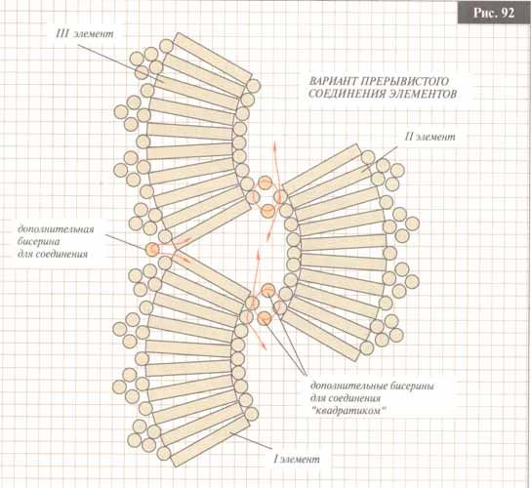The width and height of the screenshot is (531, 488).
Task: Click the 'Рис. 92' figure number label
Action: (x=494, y=13)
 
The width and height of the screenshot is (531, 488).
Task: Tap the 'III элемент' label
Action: (x=85, y=34)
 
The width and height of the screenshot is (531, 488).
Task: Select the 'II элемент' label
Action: (x=430, y=137)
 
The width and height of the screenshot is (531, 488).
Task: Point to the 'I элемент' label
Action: (x=297, y=460)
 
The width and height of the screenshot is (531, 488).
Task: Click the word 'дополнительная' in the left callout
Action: (x=56, y=229)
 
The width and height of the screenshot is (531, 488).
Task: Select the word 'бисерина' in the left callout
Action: (x=39, y=242)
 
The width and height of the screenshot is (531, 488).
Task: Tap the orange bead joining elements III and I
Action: (x=152, y=250)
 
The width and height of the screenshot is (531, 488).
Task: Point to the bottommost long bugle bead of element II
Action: (x=321, y=337)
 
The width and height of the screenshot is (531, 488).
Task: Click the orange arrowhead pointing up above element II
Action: (x=274, y=145)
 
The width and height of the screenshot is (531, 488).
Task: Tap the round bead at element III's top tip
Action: (x=166, y=46)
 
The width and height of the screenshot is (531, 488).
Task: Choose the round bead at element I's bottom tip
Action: (x=164, y=453)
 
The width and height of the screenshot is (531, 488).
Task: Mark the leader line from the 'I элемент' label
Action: (x=252, y=441)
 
